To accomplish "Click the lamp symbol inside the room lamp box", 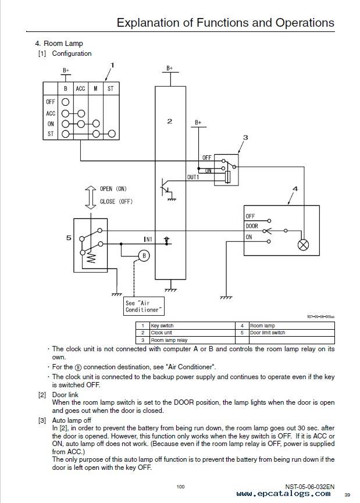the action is [x=303, y=245].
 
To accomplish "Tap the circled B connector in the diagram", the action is [x=144, y=256].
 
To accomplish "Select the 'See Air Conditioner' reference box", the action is [x=144, y=306].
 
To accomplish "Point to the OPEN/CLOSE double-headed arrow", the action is [x=91, y=197].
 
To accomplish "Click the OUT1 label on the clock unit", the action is [x=193, y=177].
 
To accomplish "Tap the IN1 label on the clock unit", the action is [x=148, y=240].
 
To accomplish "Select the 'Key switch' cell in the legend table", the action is [x=193, y=326].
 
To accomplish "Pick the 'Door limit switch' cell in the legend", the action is [x=292, y=333].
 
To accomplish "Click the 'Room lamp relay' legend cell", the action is [x=193, y=340].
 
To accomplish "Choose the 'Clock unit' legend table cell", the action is [x=193, y=333].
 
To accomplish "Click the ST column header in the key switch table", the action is [x=111, y=88].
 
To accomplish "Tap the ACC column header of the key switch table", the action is [x=80, y=88].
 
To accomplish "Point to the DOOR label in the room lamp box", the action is [x=252, y=226].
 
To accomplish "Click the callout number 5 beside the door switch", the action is [x=69, y=238].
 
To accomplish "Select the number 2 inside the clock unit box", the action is [x=170, y=122].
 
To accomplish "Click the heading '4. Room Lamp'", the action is [x=59, y=43].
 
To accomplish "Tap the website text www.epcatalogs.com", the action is [x=283, y=494].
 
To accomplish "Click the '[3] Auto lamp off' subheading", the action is [x=65, y=420].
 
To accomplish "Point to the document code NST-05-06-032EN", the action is [x=309, y=487].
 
